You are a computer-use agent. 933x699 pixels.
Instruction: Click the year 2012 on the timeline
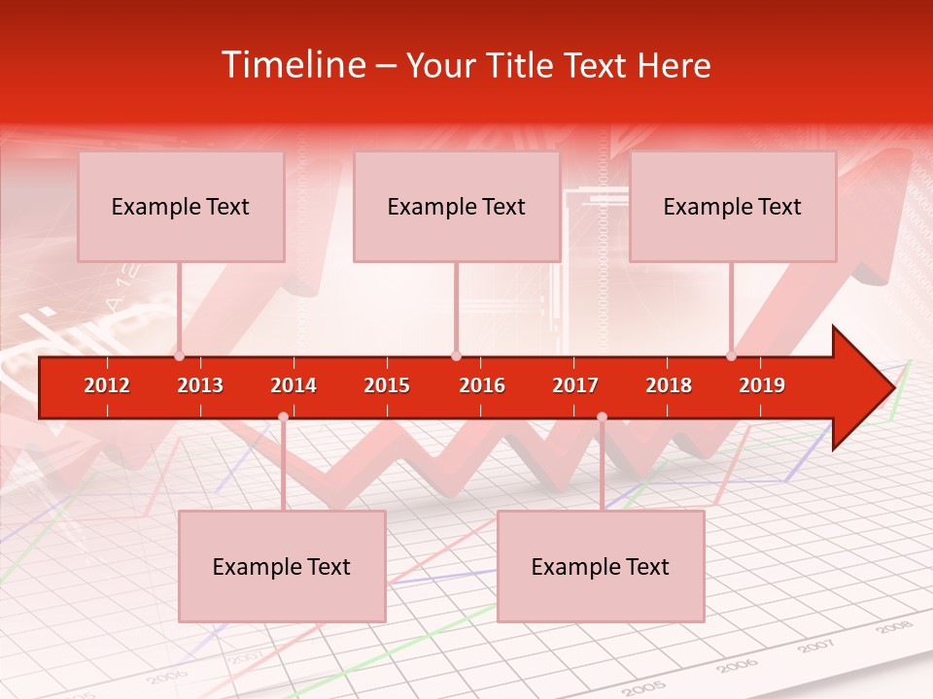tap(107, 385)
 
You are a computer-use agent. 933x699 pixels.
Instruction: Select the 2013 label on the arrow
tap(200, 385)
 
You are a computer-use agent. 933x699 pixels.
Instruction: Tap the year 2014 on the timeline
tap(294, 385)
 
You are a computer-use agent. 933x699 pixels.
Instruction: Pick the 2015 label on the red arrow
tap(387, 385)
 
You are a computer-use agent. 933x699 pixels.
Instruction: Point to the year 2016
tap(482, 385)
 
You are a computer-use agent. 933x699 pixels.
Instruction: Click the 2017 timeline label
tap(575, 385)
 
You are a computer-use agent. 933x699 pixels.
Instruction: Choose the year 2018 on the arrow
tap(669, 385)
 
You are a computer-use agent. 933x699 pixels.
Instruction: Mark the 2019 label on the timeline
tap(762, 385)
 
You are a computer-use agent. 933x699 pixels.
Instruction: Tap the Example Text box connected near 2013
tap(181, 207)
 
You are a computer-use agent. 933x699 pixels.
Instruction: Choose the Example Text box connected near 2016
tap(457, 207)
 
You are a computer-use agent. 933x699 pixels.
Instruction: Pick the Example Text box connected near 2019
tap(733, 207)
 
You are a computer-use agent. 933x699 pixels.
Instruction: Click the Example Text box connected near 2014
tap(282, 567)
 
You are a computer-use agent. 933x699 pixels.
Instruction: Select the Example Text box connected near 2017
tap(601, 567)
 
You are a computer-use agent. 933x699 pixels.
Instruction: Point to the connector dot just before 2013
tap(179, 356)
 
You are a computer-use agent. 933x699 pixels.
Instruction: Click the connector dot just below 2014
tap(283, 416)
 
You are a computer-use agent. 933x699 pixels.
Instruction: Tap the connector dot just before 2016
tap(456, 356)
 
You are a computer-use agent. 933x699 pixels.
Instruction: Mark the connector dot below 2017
tap(602, 416)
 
